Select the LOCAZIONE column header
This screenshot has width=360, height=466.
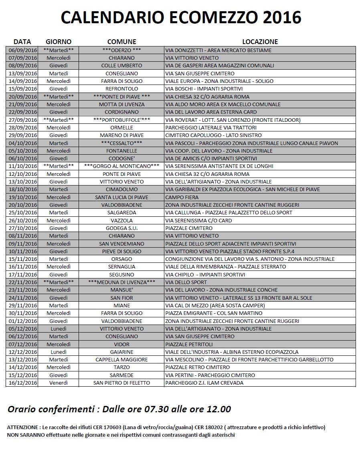[260, 42]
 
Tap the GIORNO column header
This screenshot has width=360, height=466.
[59, 42]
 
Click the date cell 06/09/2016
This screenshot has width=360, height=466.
[22, 50]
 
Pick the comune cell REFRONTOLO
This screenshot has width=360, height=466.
[121, 89]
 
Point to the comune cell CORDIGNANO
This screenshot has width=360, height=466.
[121, 112]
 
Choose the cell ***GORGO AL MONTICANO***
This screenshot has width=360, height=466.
[121, 166]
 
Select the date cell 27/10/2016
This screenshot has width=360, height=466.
[22, 228]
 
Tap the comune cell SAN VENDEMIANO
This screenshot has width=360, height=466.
[121, 244]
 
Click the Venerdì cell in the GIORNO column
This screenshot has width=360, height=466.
[59, 383]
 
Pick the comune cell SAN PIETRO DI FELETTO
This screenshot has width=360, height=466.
[121, 383]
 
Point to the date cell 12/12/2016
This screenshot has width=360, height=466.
[22, 352]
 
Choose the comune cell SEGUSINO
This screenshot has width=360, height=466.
[121, 274]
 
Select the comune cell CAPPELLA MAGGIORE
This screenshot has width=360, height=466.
[121, 359]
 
